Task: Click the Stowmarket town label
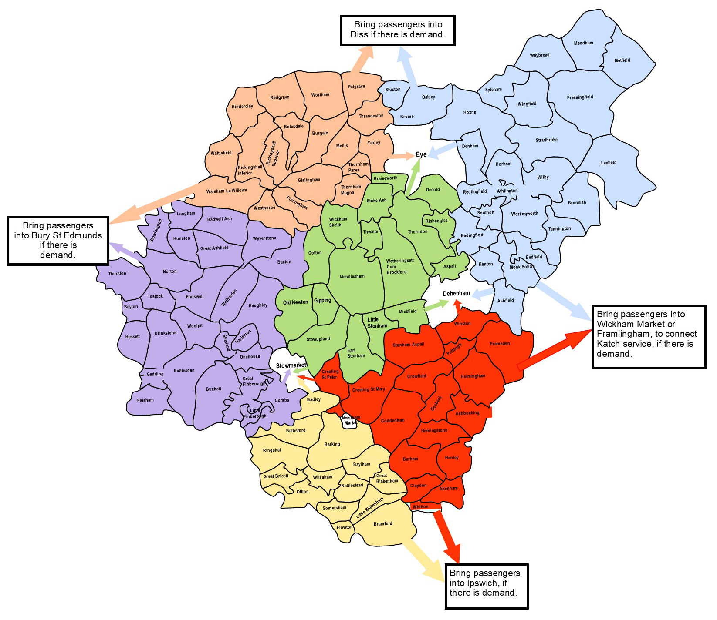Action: [291, 365]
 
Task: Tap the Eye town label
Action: [421, 155]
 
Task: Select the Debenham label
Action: [456, 293]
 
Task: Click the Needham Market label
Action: [350, 420]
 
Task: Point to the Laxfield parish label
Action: [609, 163]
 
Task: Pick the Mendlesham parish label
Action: [352, 276]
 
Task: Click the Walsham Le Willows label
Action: [227, 191]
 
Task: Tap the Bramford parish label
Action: [383, 523]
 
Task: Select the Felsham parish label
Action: [145, 400]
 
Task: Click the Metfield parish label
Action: [622, 60]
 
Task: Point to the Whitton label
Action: [420, 507]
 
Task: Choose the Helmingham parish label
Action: [473, 376]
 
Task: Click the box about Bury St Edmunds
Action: [58, 241]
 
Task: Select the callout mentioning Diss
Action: [397, 30]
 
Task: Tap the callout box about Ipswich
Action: [486, 586]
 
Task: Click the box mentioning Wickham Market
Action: [649, 336]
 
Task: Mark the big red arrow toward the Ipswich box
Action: [446, 535]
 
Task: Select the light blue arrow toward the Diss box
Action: [409, 65]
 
